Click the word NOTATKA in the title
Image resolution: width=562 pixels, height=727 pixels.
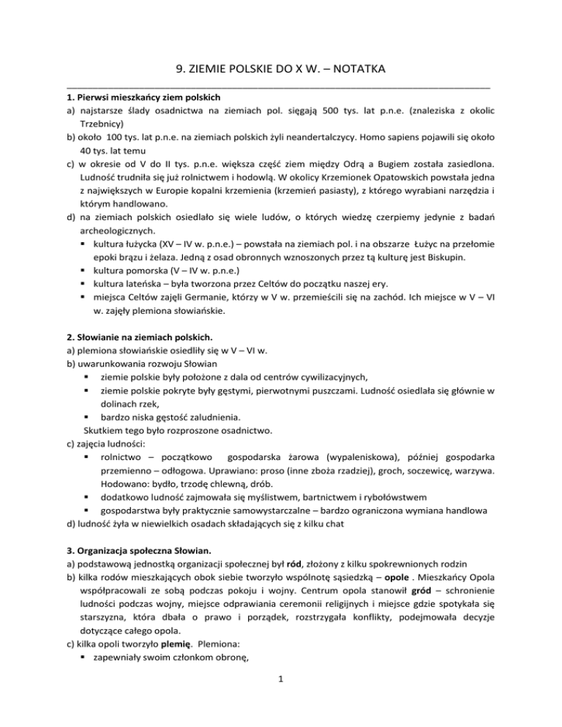356,69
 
